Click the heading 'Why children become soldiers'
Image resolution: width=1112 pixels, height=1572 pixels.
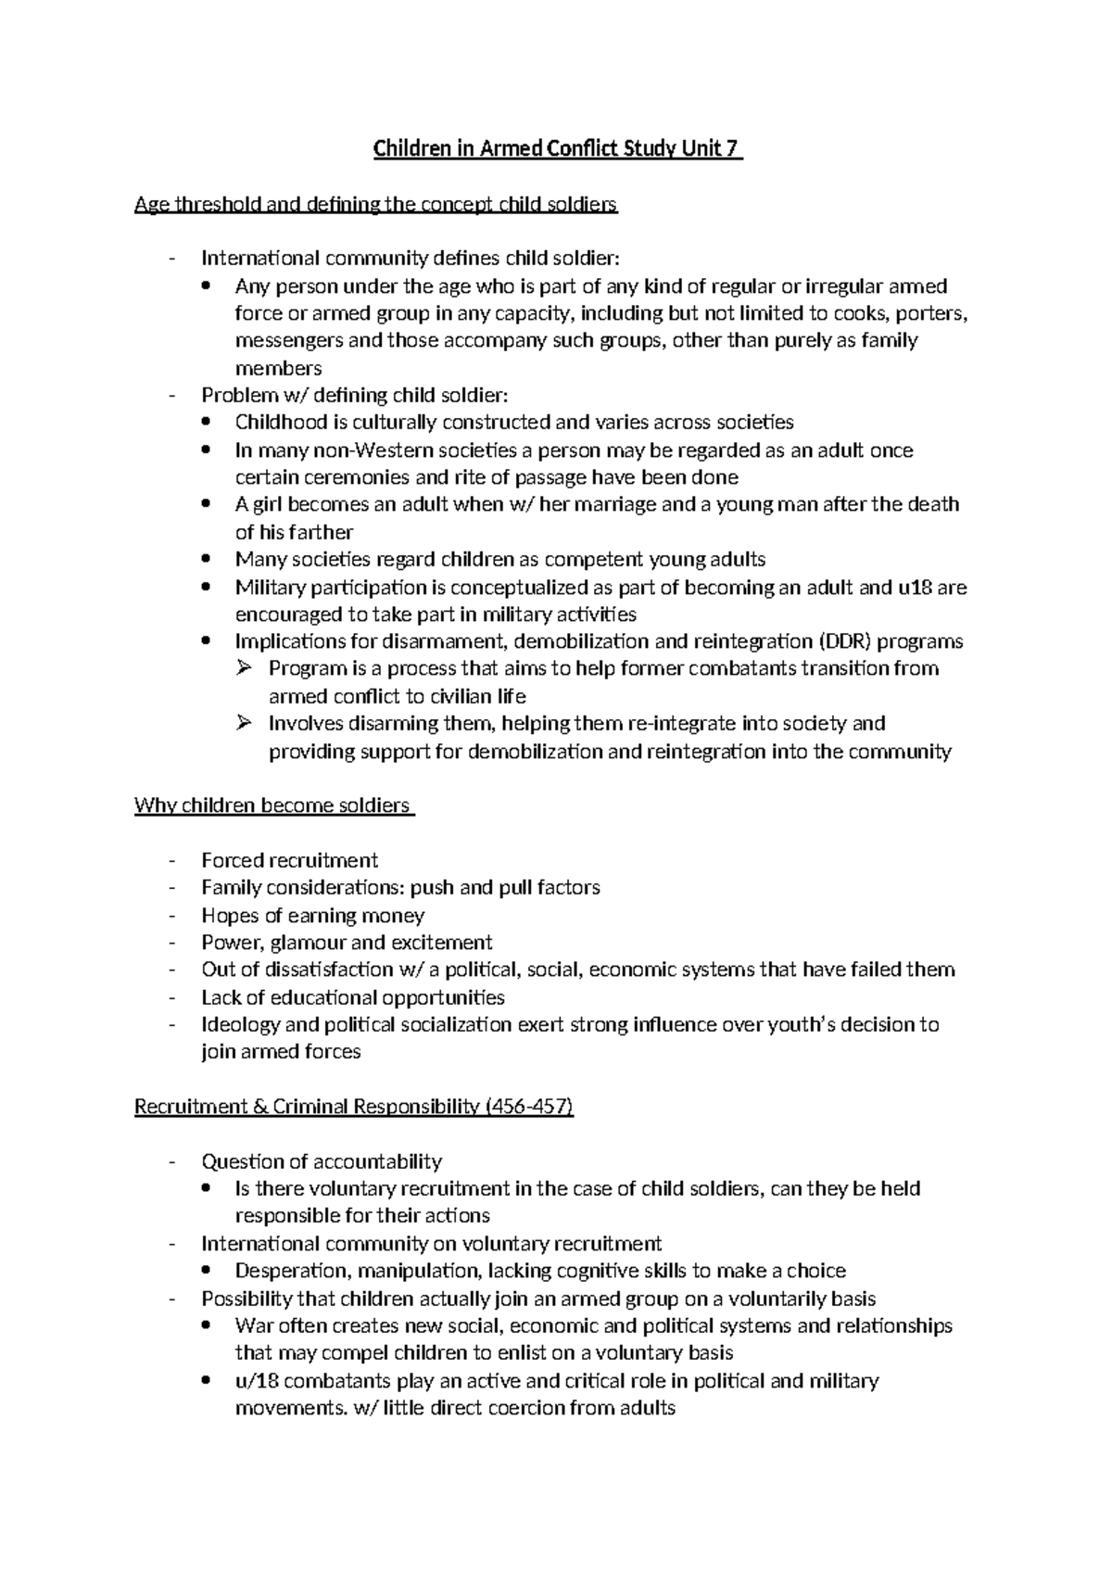pos(272,805)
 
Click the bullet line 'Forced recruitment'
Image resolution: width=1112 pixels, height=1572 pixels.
pos(289,860)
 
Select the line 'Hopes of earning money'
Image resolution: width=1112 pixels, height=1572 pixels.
pos(312,916)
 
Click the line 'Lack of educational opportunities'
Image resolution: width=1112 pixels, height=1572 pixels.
pos(352,997)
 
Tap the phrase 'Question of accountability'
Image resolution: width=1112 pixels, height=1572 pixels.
pos(321,1161)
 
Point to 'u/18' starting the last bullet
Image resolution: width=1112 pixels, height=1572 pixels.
pos(257,1381)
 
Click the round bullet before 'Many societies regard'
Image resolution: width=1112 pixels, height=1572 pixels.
pos(207,560)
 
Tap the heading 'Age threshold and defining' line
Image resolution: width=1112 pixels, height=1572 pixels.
pos(375,205)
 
